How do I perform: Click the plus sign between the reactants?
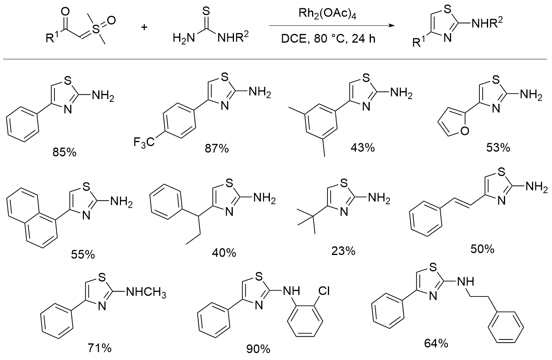point(145,27)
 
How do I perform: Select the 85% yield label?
point(64,152)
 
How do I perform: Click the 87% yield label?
point(216,148)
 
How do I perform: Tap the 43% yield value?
point(362,148)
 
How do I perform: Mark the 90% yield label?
point(258,349)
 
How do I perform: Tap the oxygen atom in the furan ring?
point(464,131)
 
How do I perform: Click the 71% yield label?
point(99,348)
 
